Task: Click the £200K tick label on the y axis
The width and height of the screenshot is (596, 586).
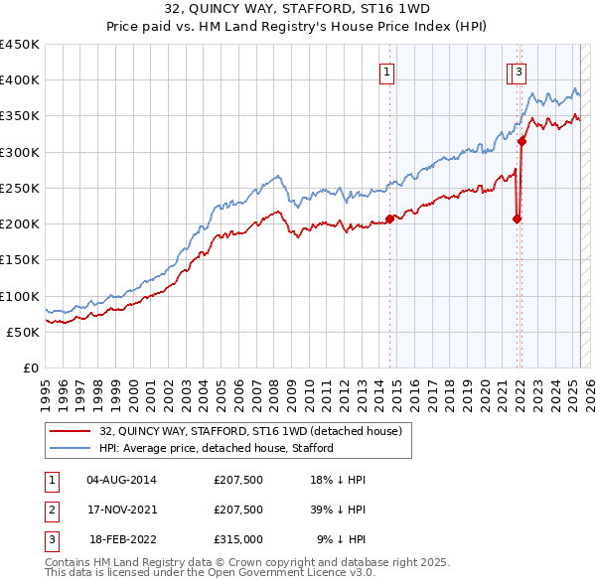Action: [20, 223]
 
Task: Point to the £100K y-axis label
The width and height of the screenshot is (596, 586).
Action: [20, 296]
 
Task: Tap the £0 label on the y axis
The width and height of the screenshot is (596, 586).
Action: [31, 367]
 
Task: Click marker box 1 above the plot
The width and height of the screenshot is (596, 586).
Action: [386, 71]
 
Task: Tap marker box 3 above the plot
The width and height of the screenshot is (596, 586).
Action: [520, 71]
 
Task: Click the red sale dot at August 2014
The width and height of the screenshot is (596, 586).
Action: [389, 219]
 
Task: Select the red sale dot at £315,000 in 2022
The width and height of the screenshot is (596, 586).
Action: [521, 141]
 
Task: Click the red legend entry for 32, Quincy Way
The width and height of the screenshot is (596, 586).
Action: [249, 432]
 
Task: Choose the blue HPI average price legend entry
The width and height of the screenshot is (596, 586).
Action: [216, 448]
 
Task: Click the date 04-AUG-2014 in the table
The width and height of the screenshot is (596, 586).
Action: [122, 480]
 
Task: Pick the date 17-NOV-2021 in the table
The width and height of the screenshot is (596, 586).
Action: [122, 510]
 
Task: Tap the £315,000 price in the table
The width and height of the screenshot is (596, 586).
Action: [238, 539]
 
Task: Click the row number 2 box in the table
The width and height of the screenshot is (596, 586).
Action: [50, 510]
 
